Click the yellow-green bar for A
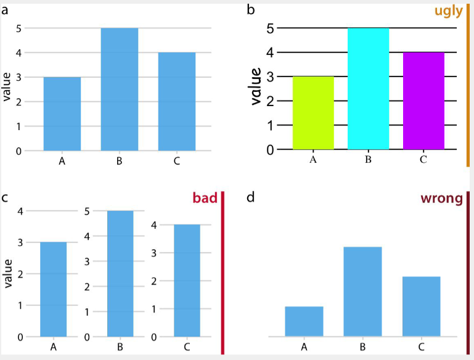click(313, 113)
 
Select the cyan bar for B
click(368, 89)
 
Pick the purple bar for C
click(423, 100)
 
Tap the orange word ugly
click(449, 12)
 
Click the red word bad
click(205, 198)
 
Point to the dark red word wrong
click(442, 198)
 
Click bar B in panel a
click(120, 89)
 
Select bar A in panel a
click(62, 113)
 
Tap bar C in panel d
click(422, 306)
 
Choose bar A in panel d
click(304, 321)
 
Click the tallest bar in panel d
click(363, 292)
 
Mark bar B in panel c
click(120, 274)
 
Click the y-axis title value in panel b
click(256, 86)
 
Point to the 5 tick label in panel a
click(18, 28)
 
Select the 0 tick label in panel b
click(270, 150)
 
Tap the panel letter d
click(251, 197)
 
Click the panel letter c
click(4, 198)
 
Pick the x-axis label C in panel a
click(177, 161)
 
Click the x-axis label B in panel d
click(363, 346)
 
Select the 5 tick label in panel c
click(87, 211)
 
